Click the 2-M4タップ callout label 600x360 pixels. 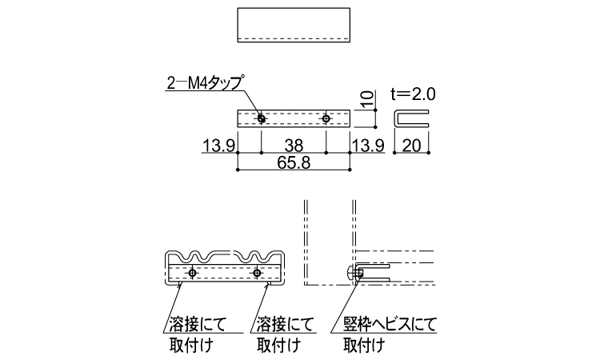(205, 82)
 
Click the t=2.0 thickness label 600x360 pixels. (414, 94)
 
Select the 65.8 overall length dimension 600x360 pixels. (294, 163)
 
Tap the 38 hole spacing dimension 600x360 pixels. (294, 146)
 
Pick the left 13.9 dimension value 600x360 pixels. (218, 146)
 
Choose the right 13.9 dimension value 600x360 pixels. (368, 146)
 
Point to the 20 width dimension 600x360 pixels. (412, 146)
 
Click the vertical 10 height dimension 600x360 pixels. (366, 100)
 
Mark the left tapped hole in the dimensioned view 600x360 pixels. (262, 118)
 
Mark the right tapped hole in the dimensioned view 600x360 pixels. (326, 118)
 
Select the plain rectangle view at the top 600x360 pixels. (294, 25)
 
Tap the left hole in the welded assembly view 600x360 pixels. (192, 273)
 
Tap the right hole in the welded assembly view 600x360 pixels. (257, 273)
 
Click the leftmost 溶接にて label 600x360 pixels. (198, 325)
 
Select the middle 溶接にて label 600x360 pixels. (285, 325)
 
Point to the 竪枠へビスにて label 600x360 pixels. (390, 325)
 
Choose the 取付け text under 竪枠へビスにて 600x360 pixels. (364, 346)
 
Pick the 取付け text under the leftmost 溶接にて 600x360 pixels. (190, 346)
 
